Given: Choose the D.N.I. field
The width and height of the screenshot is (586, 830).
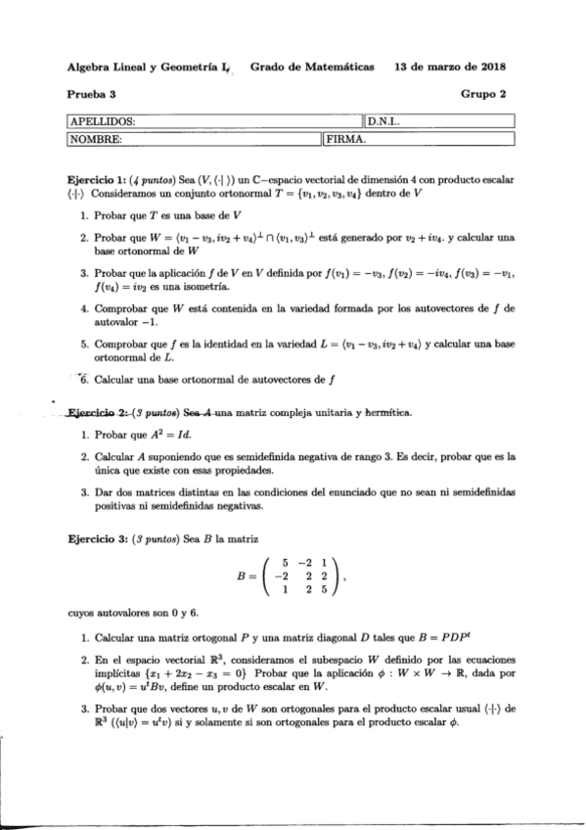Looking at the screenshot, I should [439, 122].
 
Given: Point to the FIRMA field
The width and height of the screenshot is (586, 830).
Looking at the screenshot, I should [439, 139].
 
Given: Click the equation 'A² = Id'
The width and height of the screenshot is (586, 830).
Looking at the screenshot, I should [187, 434].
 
